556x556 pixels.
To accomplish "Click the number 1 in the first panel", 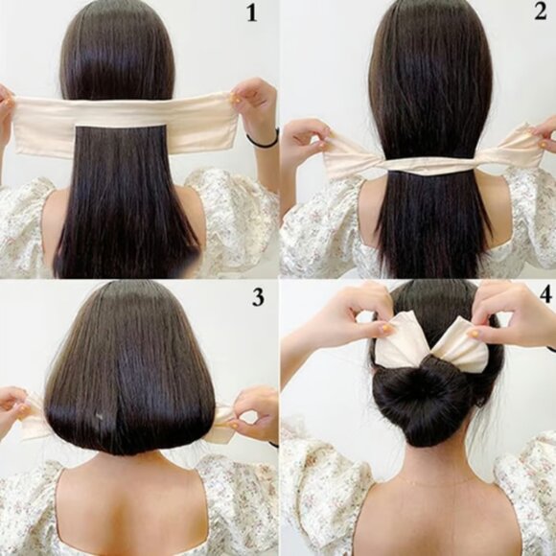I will point(253,14).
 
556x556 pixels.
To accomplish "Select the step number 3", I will point(257,296).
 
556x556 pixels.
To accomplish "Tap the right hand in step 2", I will point(544,134).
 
